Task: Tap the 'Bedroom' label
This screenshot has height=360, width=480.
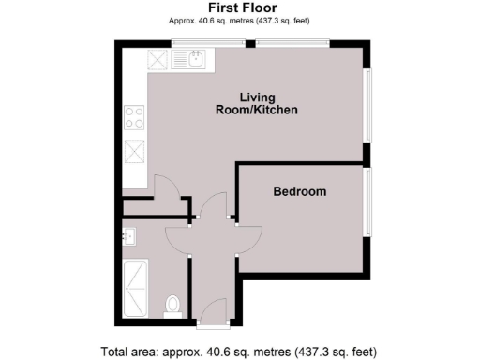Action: [x=299, y=192]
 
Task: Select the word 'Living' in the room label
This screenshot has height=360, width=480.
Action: [x=256, y=97]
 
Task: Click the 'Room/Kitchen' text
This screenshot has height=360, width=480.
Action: [x=255, y=111]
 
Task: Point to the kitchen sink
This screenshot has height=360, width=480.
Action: [x=195, y=62]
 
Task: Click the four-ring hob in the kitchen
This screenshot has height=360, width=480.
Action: [x=134, y=120]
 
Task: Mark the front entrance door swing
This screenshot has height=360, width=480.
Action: [x=213, y=310]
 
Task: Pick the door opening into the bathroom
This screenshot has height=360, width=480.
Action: [x=179, y=238]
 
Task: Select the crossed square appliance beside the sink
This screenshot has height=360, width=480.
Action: [x=157, y=62]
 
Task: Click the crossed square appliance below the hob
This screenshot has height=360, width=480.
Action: [x=134, y=149]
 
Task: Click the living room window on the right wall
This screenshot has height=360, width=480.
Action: [x=367, y=104]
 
